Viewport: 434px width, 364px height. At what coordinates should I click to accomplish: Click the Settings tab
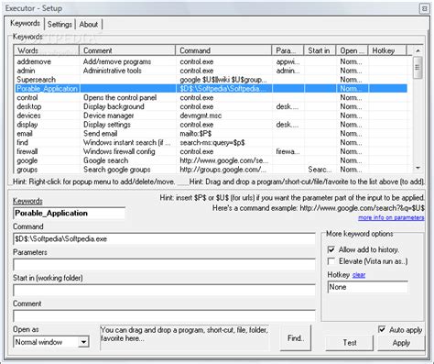click(x=60, y=24)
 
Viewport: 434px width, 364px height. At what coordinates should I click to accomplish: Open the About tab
click(x=89, y=24)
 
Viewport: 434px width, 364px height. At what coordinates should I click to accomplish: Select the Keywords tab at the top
click(x=26, y=24)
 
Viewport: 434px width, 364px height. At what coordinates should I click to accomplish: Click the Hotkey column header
click(x=384, y=50)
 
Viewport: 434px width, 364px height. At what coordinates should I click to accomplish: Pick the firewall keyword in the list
click(x=31, y=151)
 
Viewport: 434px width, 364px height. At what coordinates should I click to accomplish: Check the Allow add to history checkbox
click(x=331, y=248)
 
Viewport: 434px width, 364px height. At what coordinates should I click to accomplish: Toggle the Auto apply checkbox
click(x=382, y=328)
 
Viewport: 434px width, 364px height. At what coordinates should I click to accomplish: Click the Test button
click(x=350, y=342)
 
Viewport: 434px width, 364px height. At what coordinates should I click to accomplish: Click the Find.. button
click(x=295, y=339)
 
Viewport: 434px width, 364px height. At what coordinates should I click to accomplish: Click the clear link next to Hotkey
click(x=360, y=273)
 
